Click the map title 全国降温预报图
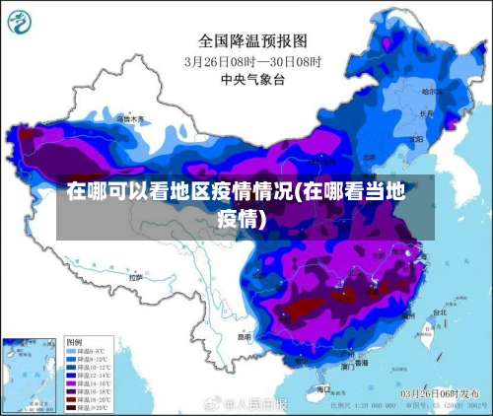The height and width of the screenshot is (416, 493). point(253,40)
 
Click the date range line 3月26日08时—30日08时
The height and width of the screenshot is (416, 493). point(253,60)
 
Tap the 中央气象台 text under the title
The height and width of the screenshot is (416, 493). point(253,79)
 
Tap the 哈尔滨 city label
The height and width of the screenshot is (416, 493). point(432,91)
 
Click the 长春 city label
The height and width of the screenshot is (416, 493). point(425,113)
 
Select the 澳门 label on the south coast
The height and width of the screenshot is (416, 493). point(348,366)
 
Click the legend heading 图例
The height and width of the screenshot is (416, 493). point(75,340)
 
